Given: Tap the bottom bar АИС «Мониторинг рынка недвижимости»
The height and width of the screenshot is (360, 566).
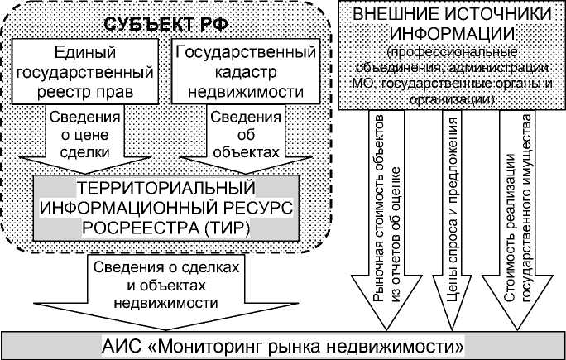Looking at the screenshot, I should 283,343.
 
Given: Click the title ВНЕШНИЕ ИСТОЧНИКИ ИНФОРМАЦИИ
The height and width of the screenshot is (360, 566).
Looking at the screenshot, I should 449,25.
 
